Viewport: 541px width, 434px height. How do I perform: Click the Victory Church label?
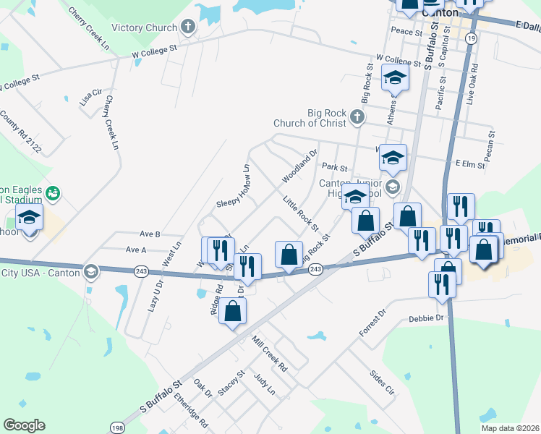pyautogui.click(x=144, y=28)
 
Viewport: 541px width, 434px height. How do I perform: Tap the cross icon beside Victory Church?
pyautogui.click(x=188, y=28)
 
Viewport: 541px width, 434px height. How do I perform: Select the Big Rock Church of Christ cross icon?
pyautogui.click(x=357, y=116)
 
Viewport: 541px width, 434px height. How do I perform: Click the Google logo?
pyautogui.click(x=24, y=425)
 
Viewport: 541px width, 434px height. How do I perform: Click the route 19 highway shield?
pyautogui.click(x=471, y=38)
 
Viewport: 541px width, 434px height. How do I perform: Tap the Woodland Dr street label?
pyautogui.click(x=300, y=166)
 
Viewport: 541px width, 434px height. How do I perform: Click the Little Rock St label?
pyautogui.click(x=301, y=210)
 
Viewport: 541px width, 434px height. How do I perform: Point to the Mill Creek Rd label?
pyautogui.click(x=270, y=353)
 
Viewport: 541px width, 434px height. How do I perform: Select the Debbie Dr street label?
pyautogui.click(x=425, y=318)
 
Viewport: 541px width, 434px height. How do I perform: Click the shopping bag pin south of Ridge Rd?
pyautogui.click(x=232, y=310)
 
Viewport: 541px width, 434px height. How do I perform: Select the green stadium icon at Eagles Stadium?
pyautogui.click(x=53, y=193)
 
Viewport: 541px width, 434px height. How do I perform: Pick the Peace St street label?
pyautogui.click(x=406, y=32)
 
